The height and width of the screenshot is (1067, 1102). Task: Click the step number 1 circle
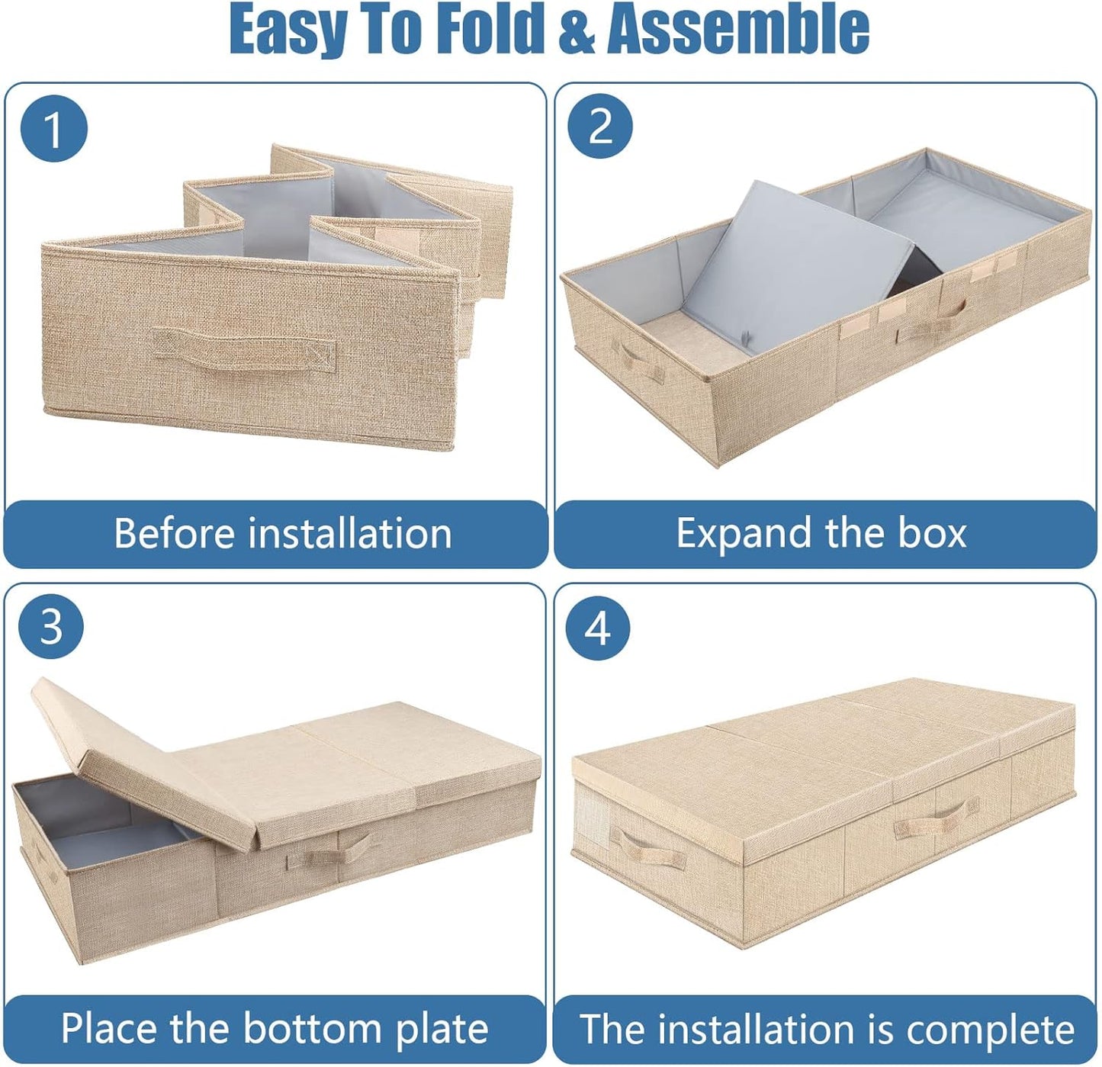(x=53, y=128)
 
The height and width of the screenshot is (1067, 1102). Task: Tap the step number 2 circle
(x=600, y=126)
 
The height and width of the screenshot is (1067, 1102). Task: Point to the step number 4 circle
(x=598, y=628)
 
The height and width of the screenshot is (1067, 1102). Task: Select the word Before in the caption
(x=173, y=533)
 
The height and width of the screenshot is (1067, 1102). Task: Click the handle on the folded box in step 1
(x=244, y=350)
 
